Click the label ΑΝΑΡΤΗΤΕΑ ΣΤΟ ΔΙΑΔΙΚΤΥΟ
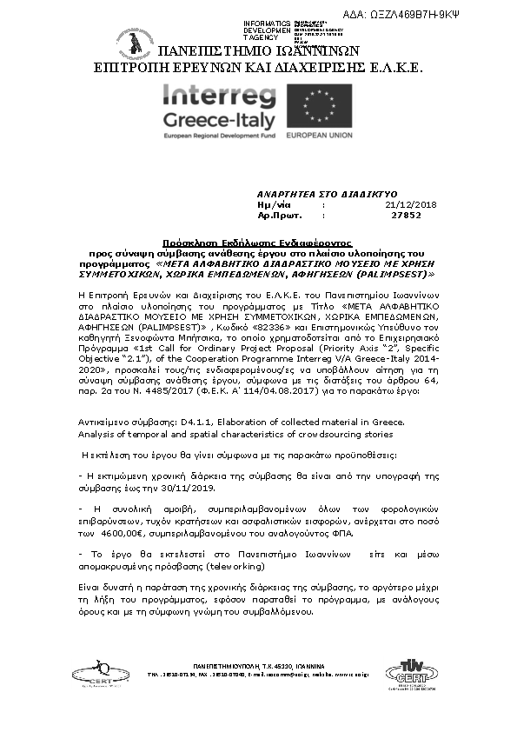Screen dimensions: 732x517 point(327,193)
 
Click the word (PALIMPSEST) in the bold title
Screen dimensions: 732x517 point(394,272)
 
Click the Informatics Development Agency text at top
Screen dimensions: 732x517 point(267,30)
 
